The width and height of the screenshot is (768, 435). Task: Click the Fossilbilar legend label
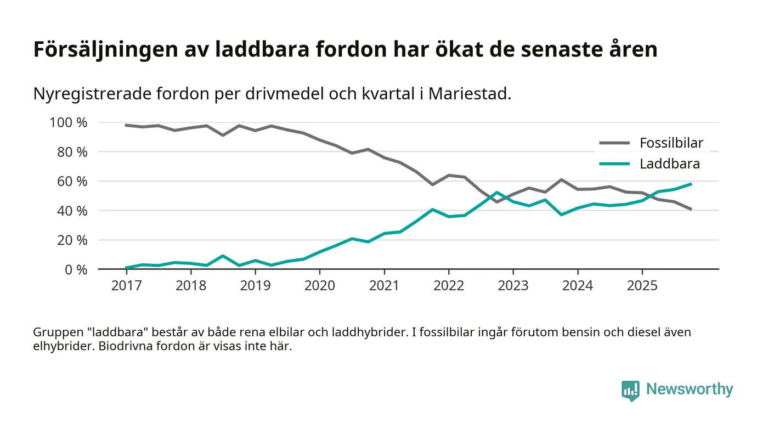[x=671, y=144]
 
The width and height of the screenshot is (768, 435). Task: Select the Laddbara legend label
[x=669, y=163]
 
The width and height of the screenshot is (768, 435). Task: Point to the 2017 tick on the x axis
[x=126, y=285]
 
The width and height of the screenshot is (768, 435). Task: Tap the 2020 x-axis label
[x=319, y=285]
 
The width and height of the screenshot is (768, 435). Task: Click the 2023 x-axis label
[x=513, y=285]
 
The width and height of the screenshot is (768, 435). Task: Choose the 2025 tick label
[x=642, y=285]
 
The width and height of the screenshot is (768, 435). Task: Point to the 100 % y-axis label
[x=68, y=122]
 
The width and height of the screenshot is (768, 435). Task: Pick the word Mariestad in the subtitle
[x=469, y=94]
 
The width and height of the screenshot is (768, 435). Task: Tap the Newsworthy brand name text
[x=689, y=389]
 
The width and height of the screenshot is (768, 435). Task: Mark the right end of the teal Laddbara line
[x=691, y=184]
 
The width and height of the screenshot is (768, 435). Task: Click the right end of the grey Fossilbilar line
[x=691, y=210]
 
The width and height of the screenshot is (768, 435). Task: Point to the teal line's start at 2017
[x=126, y=268]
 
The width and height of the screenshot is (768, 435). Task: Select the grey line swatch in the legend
[x=614, y=144]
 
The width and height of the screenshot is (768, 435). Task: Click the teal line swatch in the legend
[x=614, y=163]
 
